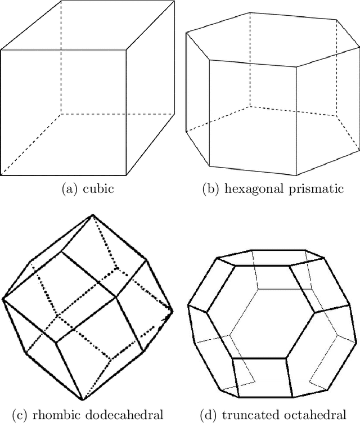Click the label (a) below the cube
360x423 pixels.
[x=73, y=189]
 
